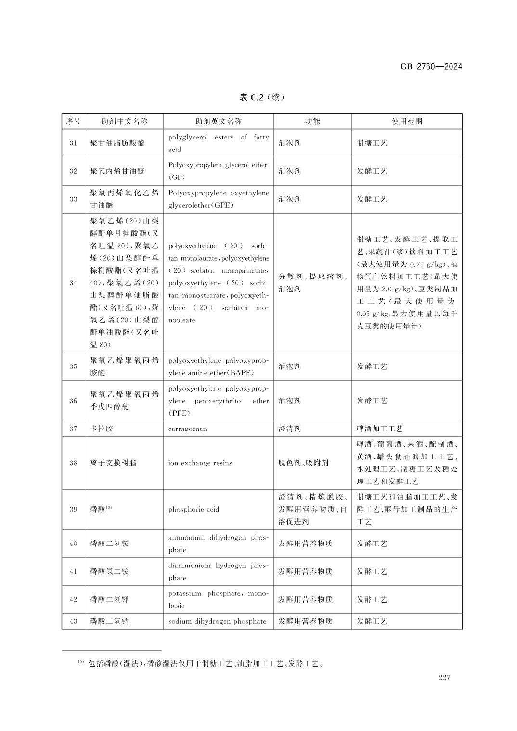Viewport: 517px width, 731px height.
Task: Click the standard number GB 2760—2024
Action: tap(431, 67)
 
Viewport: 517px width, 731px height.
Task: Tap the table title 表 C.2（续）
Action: tap(262, 97)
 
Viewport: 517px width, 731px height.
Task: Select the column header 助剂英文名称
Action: tap(219, 121)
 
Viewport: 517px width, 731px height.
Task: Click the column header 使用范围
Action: tap(407, 121)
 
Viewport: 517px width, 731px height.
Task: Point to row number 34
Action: tap(73, 283)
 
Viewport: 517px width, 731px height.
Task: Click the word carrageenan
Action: tap(188, 429)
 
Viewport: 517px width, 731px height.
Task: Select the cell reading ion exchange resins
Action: tap(200, 463)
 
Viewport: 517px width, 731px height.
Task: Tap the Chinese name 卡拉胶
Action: tap(102, 429)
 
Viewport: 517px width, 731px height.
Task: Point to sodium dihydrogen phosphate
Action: tap(217, 621)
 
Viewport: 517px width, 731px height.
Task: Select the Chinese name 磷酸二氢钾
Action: tap(109, 599)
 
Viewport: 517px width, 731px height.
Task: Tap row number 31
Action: tap(73, 143)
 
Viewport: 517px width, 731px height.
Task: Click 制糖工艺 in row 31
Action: tap(372, 143)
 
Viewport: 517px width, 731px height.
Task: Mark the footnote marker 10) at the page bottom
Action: tap(80, 663)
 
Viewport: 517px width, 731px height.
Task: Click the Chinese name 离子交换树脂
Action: tap(113, 463)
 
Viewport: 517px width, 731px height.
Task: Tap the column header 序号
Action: tap(73, 121)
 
